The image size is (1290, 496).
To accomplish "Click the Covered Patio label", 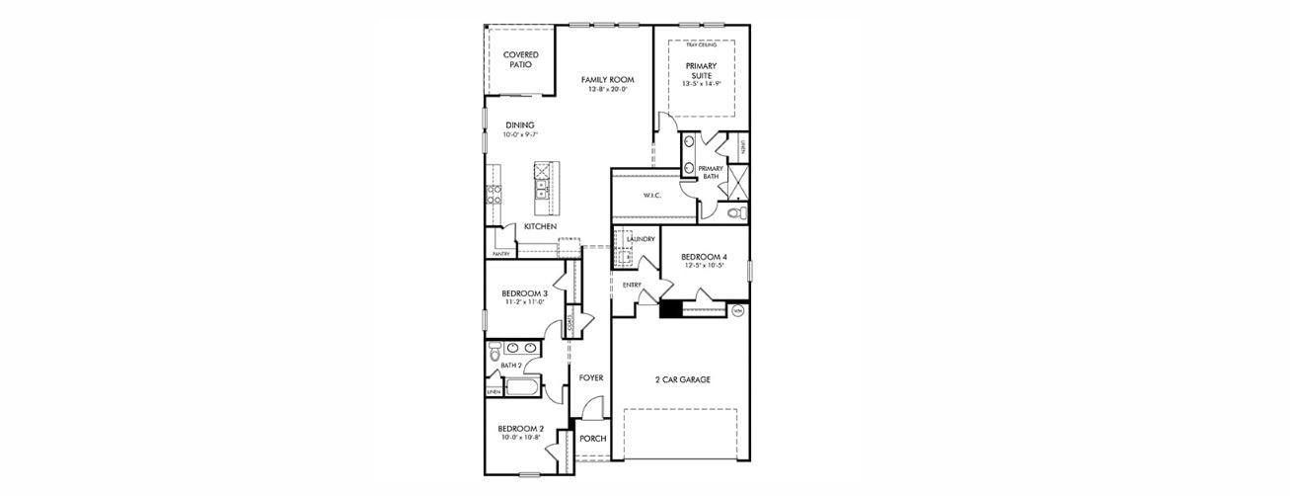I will point(520,59).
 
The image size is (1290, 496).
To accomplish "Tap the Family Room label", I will point(607,79).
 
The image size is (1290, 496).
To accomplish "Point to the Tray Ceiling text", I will point(701,45).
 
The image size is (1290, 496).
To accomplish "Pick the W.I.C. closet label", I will point(651,196).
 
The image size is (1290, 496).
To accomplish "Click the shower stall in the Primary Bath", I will point(735,182).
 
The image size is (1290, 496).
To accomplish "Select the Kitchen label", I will point(540,226).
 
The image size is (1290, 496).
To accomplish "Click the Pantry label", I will point(500,253).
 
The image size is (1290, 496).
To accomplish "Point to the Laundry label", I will point(642,239).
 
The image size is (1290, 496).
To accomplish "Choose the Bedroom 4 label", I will point(703,257).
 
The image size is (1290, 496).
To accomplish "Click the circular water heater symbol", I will point(737,310).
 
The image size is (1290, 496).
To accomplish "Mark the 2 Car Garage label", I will point(682,379).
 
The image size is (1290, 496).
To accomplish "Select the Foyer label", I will point(590,377).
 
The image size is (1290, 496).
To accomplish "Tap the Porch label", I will point(592,439).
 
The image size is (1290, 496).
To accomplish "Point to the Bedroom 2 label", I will point(521,428).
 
